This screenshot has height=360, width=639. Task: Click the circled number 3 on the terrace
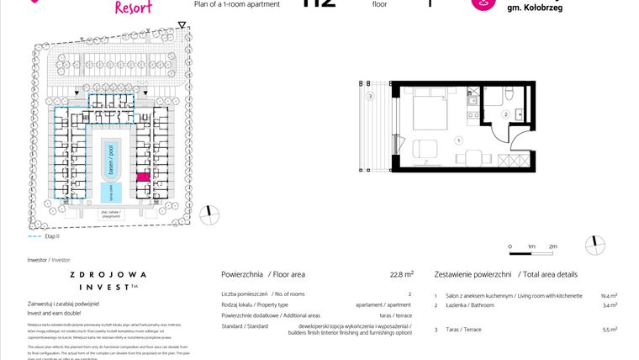(371, 97)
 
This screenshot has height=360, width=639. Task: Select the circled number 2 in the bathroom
(504, 114)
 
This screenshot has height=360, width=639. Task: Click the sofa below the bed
(426, 151)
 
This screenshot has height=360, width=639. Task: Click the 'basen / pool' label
(109, 159)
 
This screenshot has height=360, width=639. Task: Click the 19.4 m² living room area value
(609, 295)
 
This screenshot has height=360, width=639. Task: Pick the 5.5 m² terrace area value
(610, 330)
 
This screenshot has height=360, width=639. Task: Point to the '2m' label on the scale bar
(552, 246)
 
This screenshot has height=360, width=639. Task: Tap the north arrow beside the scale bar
(598, 245)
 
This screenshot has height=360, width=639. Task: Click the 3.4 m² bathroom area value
(610, 305)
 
